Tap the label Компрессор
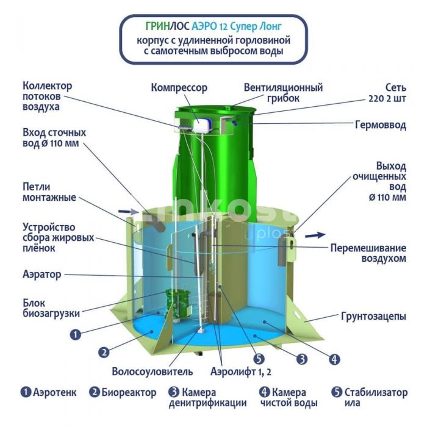click(179, 88)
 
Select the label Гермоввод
click(381, 125)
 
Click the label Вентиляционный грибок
click(283, 93)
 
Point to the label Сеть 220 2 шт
click(387, 93)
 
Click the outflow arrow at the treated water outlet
click(315, 235)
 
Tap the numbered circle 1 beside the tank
click(76, 334)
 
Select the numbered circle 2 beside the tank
click(104, 352)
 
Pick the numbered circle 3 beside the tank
click(302, 359)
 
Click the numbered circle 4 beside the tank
click(334, 359)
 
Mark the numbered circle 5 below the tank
click(259, 359)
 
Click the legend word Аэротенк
click(55, 392)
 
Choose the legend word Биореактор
click(129, 393)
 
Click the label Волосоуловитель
click(152, 371)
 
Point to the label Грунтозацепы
click(373, 317)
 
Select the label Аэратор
click(42, 274)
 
